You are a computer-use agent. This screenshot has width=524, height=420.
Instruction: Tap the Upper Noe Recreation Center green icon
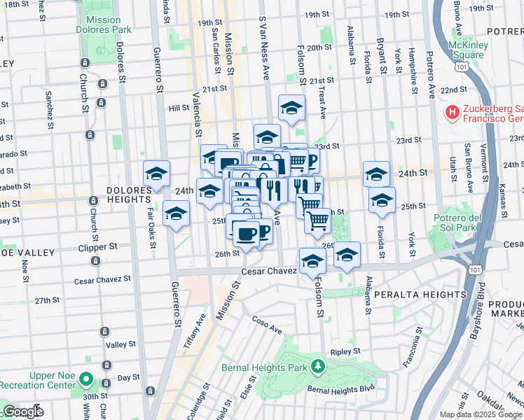(86, 380)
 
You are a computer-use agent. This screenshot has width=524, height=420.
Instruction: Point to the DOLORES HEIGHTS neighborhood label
(129, 190)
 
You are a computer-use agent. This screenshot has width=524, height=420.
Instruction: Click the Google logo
(22, 412)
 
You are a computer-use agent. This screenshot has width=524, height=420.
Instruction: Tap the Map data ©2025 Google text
(480, 414)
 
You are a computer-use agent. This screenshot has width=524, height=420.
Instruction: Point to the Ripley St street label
(346, 351)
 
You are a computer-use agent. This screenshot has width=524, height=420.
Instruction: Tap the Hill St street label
(179, 108)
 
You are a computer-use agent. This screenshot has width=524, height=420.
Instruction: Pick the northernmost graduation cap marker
(291, 106)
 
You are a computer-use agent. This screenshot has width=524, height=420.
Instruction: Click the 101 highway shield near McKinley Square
(460, 66)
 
